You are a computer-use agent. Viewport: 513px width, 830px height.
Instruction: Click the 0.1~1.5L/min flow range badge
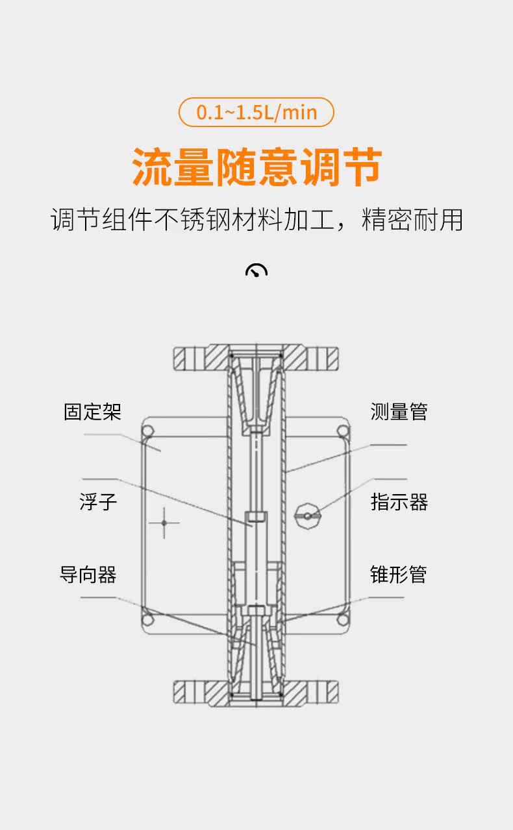point(256,112)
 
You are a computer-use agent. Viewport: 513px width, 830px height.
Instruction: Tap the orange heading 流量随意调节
point(256,167)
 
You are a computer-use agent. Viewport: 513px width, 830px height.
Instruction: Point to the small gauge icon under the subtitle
point(256,270)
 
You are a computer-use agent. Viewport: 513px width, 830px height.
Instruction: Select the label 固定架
point(92,412)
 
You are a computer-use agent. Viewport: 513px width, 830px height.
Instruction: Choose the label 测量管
point(399,412)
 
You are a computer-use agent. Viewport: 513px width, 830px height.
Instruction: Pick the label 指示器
point(399,502)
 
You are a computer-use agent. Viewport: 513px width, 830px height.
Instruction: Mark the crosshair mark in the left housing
point(164,522)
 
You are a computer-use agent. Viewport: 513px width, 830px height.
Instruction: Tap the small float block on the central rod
point(256,518)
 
